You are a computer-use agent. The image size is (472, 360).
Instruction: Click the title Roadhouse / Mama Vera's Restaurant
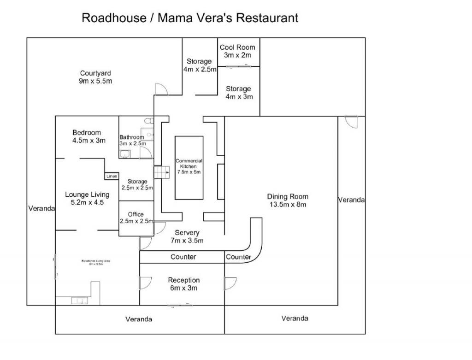point(189,18)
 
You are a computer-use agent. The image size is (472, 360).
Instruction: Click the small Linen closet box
point(112,176)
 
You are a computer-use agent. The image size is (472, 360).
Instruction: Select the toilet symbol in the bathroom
point(147,121)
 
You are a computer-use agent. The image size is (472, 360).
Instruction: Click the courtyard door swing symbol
point(160,89)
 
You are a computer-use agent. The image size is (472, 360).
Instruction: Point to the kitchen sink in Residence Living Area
point(77,301)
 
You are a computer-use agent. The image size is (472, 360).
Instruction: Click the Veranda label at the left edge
point(41,208)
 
